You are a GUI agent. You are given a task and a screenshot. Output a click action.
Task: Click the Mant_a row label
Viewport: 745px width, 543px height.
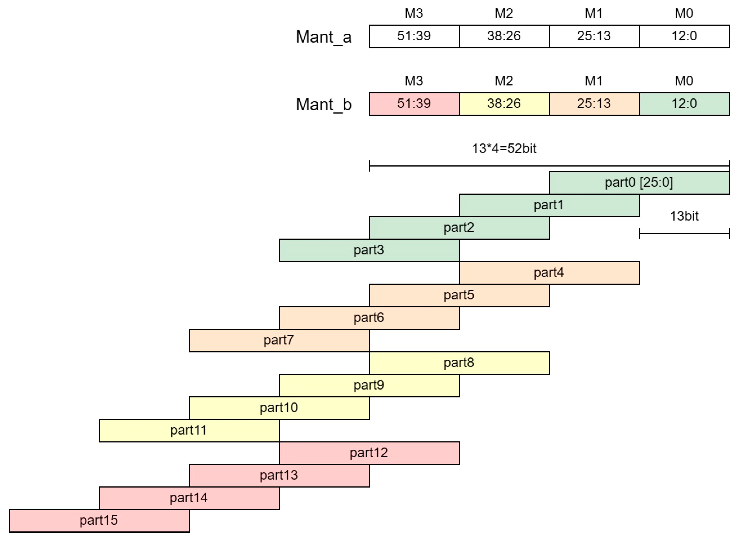click(324, 37)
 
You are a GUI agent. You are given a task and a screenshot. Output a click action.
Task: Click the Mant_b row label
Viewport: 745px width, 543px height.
click(324, 105)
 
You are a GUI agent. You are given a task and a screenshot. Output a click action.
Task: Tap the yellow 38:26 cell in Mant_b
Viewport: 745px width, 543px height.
click(504, 104)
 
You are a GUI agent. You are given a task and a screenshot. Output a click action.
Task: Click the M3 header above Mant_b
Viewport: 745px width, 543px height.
click(414, 81)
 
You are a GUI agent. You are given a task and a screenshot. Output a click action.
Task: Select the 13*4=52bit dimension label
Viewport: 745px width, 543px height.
click(504, 149)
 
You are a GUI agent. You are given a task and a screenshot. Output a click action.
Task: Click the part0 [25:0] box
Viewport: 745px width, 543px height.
click(639, 183)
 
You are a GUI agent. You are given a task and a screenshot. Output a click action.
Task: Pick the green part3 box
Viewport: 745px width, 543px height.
click(369, 251)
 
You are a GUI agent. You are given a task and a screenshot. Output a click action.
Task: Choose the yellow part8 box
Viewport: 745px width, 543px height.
click(459, 363)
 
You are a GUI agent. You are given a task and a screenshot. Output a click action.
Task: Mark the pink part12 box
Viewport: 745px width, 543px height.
click(369, 453)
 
